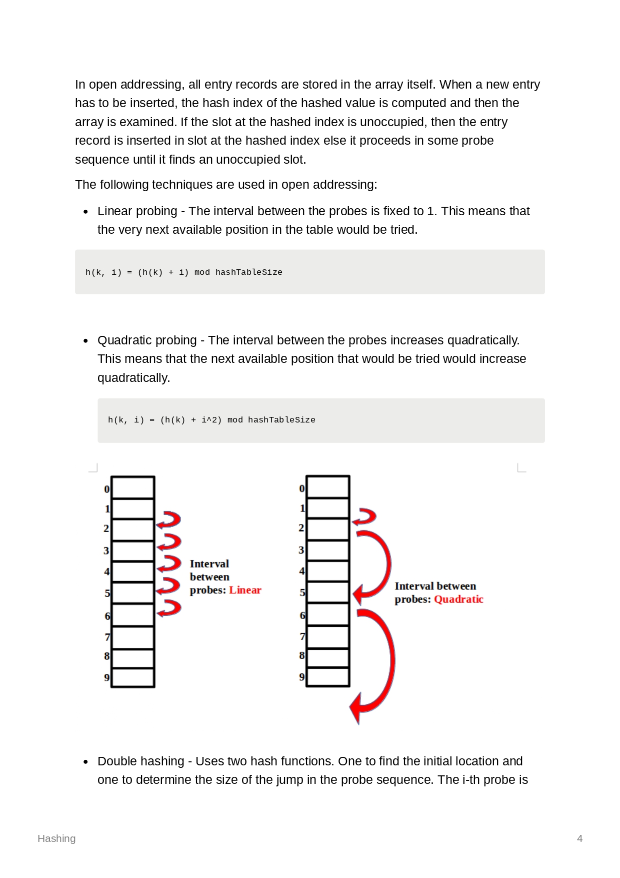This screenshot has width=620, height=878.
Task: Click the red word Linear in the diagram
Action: (245, 590)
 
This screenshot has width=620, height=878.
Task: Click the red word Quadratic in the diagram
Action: (458, 599)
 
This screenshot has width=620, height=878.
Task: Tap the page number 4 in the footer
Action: (579, 838)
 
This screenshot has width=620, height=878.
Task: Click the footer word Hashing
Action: (56, 838)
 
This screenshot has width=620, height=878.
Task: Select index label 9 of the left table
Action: (106, 678)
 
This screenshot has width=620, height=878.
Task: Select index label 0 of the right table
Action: (301, 489)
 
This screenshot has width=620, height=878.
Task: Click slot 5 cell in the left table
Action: (132, 593)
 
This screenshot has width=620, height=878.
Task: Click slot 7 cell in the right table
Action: (327, 637)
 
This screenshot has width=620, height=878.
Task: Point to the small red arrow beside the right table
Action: (365, 517)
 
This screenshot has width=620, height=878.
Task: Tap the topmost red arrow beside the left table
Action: (169, 520)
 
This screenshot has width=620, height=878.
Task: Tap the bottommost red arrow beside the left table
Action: (169, 608)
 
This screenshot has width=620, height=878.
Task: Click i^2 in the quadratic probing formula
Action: (209, 420)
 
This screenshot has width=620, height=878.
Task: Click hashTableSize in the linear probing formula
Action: (248, 272)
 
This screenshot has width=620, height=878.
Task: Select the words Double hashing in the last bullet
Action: (140, 761)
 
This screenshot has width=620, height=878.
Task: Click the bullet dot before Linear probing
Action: (85, 212)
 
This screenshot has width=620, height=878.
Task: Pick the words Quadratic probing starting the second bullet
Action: (147, 340)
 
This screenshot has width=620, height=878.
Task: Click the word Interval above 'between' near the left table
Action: (209, 564)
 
